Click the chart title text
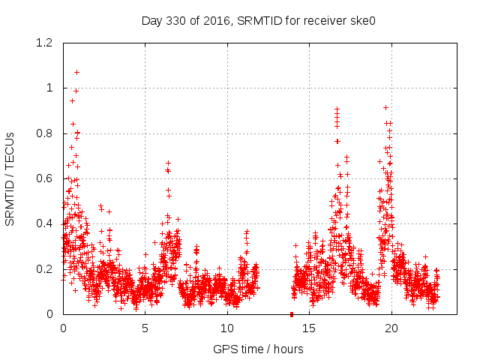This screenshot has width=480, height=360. (258, 21)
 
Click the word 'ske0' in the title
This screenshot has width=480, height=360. (361, 21)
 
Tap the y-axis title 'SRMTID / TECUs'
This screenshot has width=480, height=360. (10, 178)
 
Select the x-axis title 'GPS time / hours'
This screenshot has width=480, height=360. (258, 349)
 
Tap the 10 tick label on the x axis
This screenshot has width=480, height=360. (227, 328)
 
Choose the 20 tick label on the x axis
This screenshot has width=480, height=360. (391, 328)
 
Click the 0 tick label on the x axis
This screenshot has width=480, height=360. (63, 328)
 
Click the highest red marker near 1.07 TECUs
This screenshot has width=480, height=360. (76, 73)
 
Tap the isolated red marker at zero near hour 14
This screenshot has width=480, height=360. (292, 313)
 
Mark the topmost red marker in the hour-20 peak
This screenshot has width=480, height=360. (385, 107)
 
